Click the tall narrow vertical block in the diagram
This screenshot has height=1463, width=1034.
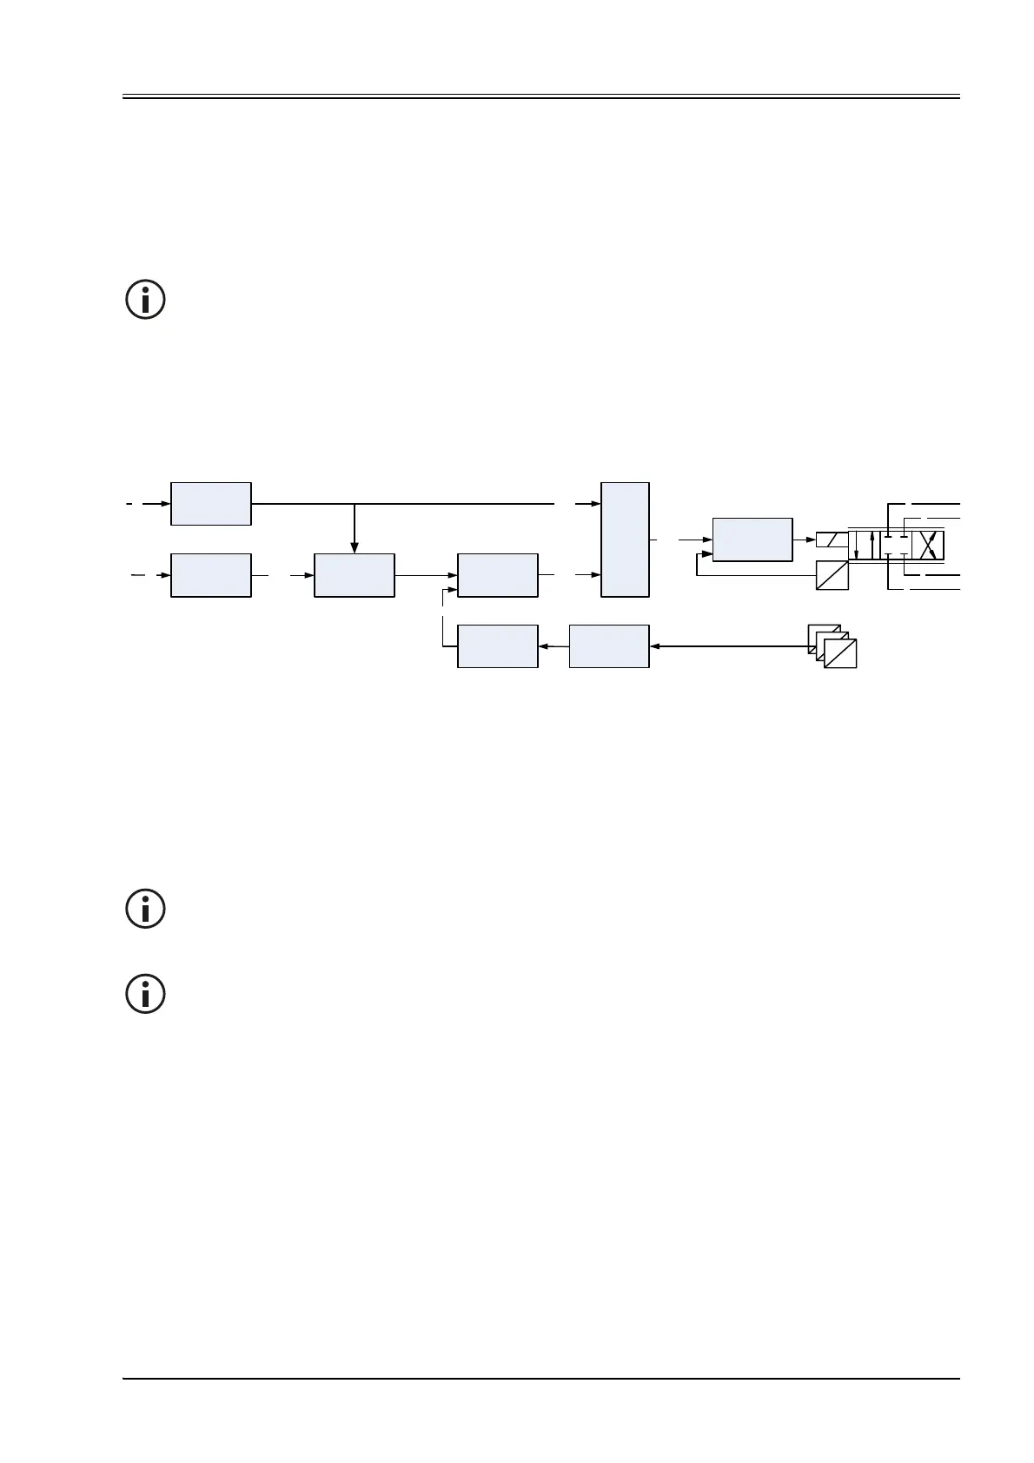pyautogui.click(x=625, y=539)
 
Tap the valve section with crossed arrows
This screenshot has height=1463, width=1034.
pyautogui.click(x=928, y=546)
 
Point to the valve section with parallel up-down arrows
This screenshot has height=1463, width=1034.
pyautogui.click(x=864, y=546)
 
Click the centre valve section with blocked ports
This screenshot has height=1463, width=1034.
pyautogui.click(x=896, y=546)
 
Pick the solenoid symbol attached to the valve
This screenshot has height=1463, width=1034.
pyautogui.click(x=832, y=540)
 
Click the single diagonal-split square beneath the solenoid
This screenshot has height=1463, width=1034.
pyautogui.click(x=832, y=575)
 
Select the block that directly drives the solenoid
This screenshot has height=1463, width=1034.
pyautogui.click(x=752, y=540)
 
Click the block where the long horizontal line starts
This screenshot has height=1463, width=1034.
pyautogui.click(x=211, y=504)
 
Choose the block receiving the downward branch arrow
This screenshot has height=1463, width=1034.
pyautogui.click(x=355, y=575)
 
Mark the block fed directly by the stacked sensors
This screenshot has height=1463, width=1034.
pyautogui.click(x=609, y=646)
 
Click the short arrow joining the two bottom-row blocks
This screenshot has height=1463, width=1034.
pyautogui.click(x=553, y=646)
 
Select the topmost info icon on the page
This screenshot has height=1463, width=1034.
pyautogui.click(x=146, y=300)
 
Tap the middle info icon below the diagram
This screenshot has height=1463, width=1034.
pyautogui.click(x=146, y=910)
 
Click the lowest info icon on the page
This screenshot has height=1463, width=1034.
pyautogui.click(x=146, y=993)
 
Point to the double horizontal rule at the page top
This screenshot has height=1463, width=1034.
pyautogui.click(x=540, y=96)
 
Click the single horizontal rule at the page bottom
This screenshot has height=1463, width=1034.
pyautogui.click(x=540, y=1378)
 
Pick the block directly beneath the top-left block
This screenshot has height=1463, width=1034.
pyautogui.click(x=211, y=575)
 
